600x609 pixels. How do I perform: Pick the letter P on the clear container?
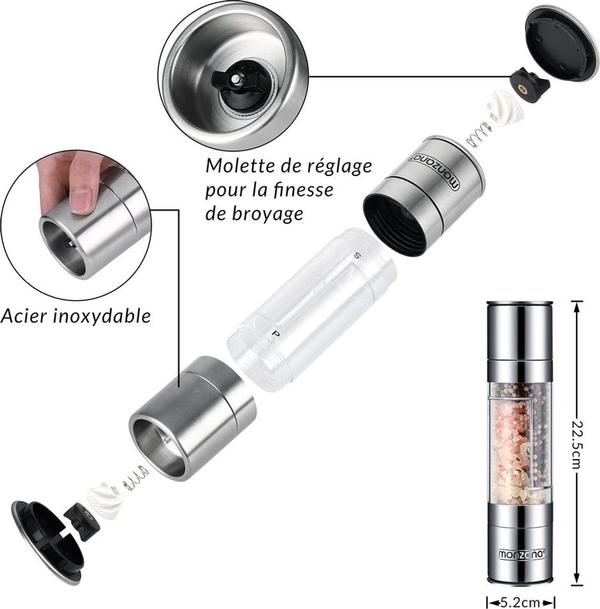click(276, 334)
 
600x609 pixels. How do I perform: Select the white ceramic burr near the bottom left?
click(104, 499)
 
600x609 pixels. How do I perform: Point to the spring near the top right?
click(477, 134)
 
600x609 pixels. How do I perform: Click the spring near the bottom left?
click(136, 478)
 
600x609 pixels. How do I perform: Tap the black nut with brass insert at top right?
click(530, 84)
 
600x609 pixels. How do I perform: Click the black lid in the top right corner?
click(560, 43)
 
